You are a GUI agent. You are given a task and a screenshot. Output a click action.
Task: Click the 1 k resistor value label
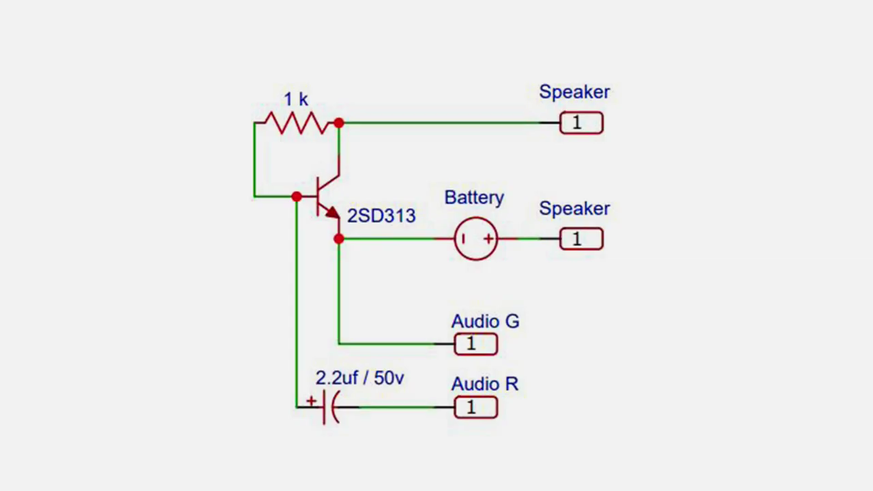click(296, 100)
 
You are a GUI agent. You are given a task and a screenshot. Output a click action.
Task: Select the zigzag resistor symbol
click(297, 123)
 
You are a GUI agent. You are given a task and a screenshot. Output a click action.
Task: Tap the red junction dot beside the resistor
click(339, 123)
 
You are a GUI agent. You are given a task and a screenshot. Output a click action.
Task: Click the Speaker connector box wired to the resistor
click(581, 123)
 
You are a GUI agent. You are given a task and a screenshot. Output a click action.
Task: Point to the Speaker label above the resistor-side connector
click(574, 92)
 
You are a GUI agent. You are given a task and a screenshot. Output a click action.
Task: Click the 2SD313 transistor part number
click(381, 216)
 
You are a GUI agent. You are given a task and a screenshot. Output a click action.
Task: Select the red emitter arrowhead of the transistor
click(332, 213)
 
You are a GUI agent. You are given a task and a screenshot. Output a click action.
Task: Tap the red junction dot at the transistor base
click(296, 196)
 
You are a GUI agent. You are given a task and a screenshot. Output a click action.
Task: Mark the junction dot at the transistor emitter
click(339, 239)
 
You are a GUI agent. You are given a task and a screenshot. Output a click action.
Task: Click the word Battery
click(474, 198)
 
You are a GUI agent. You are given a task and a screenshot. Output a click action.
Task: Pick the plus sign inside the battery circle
click(488, 239)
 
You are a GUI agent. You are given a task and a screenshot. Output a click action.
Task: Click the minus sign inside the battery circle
click(463, 239)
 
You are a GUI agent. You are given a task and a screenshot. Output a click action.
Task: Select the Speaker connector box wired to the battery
click(581, 239)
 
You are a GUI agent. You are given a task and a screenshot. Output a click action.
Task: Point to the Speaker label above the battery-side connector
click(574, 209)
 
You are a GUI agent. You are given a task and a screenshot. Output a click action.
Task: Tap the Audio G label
click(485, 321)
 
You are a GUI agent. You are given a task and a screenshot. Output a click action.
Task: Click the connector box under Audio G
click(476, 344)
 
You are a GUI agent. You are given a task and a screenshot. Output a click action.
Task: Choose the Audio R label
click(485, 384)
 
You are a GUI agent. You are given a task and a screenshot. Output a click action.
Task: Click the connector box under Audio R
click(476, 408)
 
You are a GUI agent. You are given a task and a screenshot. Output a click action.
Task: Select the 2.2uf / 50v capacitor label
click(359, 378)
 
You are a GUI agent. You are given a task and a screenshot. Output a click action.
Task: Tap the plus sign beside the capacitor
click(312, 401)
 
